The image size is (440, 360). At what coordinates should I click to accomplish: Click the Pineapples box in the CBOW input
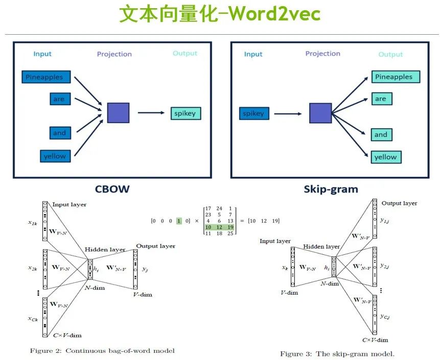point(45,77)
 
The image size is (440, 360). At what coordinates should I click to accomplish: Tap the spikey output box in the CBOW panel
point(186,113)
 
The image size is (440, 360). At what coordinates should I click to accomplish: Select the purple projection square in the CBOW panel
point(118,112)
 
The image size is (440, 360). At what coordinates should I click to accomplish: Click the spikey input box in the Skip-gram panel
point(254,113)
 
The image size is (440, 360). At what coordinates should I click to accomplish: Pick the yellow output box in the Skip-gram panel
point(386,157)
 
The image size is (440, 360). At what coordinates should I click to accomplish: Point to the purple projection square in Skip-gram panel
point(320,113)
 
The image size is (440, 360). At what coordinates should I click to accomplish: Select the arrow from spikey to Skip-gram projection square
point(289,113)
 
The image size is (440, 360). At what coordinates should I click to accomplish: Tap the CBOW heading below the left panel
point(112,189)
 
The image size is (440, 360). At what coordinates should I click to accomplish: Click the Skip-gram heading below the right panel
point(331,189)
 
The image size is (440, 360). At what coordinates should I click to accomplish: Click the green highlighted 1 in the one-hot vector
point(179,221)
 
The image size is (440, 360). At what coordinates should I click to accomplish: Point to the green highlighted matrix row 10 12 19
point(219,227)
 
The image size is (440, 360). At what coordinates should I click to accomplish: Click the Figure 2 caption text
point(102,350)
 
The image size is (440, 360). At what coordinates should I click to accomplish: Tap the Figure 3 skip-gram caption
point(337,353)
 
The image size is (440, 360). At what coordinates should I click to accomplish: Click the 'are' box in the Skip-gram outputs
point(381,99)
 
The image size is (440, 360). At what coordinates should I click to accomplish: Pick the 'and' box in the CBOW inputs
point(59,133)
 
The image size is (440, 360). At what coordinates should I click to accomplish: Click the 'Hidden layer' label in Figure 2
point(105,249)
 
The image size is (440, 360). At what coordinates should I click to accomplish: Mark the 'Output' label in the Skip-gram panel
point(390,55)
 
